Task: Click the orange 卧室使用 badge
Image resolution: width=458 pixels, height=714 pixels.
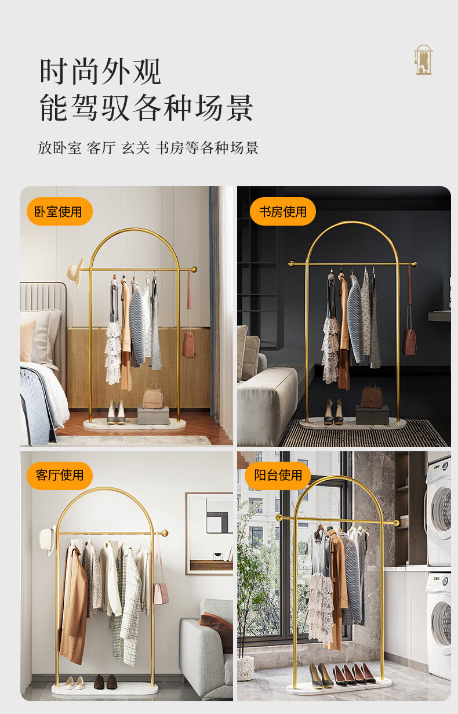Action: [60, 211]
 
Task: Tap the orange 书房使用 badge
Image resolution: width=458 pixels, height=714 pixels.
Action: [283, 211]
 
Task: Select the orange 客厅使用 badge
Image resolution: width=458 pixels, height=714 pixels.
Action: [60, 475]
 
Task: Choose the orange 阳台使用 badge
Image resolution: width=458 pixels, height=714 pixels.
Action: [278, 475]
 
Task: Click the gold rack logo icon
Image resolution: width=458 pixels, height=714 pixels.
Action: [423, 60]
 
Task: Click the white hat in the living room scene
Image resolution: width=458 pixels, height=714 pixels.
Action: [48, 540]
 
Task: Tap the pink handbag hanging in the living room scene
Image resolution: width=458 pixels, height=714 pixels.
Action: [161, 593]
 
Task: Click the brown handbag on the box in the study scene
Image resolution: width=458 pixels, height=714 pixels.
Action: [372, 396]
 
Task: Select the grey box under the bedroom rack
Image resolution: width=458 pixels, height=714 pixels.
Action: [154, 415]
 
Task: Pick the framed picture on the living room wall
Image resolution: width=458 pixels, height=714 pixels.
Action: [209, 533]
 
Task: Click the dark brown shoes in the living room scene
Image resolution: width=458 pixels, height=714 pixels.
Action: [105, 681]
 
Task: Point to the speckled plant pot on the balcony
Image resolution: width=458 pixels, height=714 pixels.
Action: [245, 668]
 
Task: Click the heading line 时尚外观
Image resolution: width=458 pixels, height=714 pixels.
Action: [100, 72]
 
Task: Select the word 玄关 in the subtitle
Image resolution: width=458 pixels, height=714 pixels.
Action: [135, 148]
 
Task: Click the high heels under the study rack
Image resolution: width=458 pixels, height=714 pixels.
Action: [333, 411]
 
